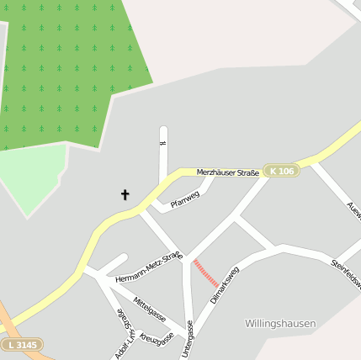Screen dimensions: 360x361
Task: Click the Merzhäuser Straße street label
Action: (227, 172)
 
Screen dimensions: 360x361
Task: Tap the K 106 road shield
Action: (281, 171)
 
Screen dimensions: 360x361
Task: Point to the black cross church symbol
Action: (125, 195)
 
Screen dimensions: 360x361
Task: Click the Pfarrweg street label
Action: (184, 200)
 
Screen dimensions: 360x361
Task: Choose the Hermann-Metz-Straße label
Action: (149, 267)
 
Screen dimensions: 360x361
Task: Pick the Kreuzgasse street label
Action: (157, 336)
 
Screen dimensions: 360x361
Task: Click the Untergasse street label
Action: (188, 339)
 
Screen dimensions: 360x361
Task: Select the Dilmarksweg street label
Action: (225, 285)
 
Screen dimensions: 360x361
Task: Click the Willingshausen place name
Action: (280, 323)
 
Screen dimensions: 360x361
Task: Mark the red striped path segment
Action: (206, 273)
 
